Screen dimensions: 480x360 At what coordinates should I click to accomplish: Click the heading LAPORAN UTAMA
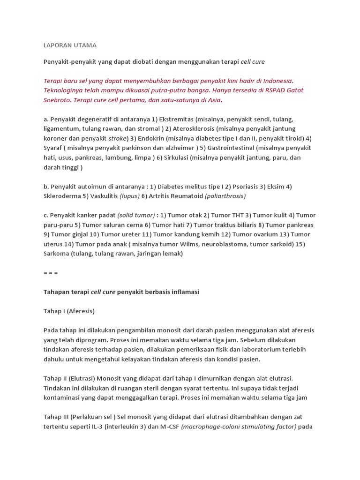70,45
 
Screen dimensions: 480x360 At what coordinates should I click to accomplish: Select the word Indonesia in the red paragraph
275,81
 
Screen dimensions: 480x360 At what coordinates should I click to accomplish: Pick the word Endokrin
152,138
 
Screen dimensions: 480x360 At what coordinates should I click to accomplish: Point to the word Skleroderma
62,196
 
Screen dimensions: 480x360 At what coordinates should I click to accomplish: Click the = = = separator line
51,273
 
